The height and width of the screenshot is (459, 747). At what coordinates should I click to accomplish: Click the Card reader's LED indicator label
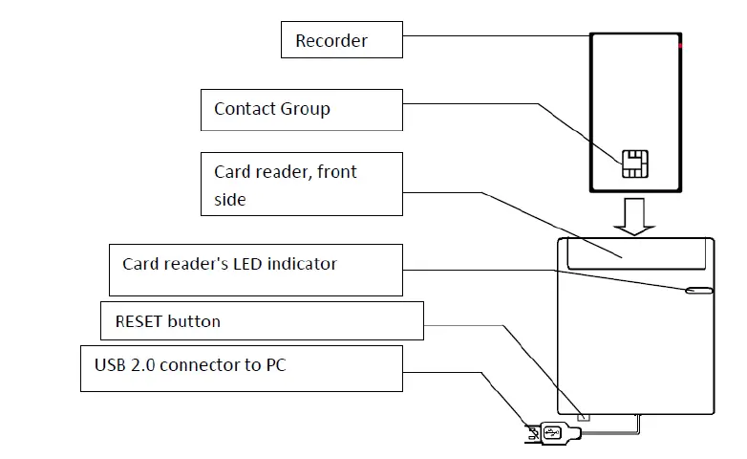pos(253,269)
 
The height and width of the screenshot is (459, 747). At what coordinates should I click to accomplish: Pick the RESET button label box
pos(262,321)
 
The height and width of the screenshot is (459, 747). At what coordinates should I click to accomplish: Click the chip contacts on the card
pos(631,164)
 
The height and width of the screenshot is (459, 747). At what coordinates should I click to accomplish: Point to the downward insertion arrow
pos(632,217)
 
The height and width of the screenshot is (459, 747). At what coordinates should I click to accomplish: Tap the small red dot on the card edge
pos(680,45)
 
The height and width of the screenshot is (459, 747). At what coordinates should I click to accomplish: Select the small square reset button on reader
pos(585,416)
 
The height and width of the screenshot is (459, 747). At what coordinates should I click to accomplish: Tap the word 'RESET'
pos(139,321)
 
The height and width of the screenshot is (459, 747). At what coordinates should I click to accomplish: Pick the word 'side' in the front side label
pos(230,199)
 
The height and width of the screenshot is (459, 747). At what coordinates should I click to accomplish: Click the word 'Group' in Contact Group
pos(306,109)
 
